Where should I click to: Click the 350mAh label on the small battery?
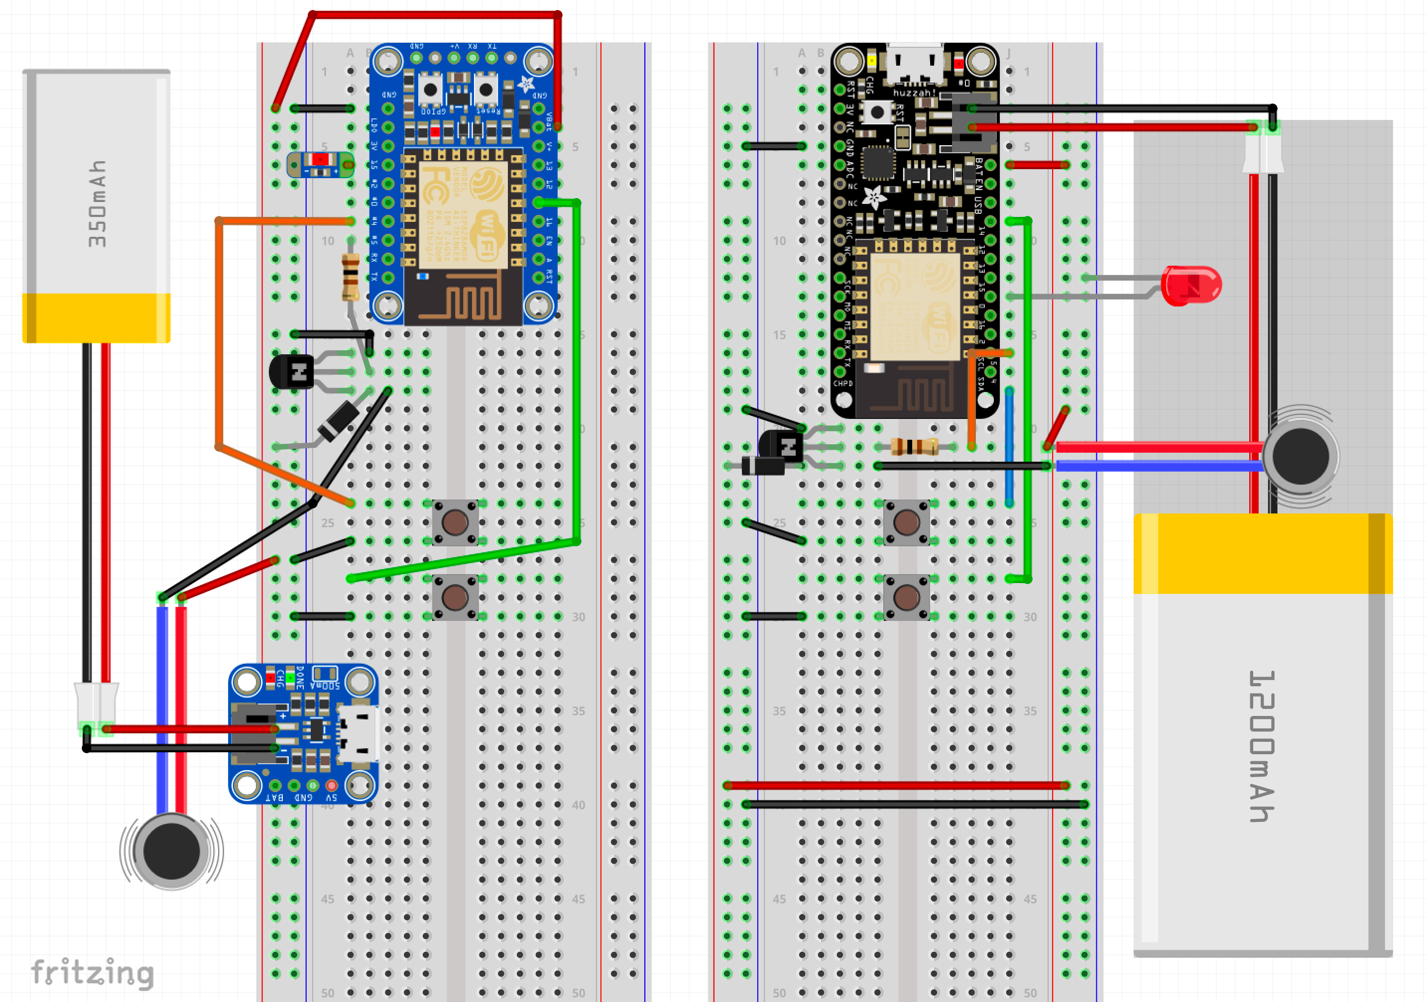click(x=97, y=204)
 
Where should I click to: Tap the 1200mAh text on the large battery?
click(x=1261, y=745)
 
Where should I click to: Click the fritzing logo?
click(x=92, y=972)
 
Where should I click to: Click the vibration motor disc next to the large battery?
click(x=1300, y=457)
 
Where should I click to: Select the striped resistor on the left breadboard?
click(x=351, y=277)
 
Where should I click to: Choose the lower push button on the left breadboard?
click(x=456, y=597)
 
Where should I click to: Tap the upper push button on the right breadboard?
click(x=907, y=522)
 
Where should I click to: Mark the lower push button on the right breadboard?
click(x=907, y=597)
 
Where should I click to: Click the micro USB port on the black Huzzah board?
click(x=914, y=63)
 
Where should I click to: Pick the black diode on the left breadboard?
click(x=338, y=420)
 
